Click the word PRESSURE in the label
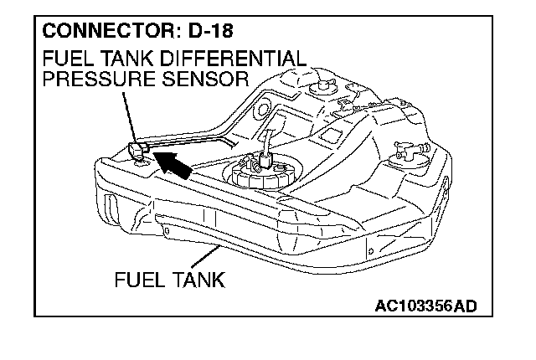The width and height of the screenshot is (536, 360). (x=92, y=80)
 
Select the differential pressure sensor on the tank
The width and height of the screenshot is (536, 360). (x=139, y=151)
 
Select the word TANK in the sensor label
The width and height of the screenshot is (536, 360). (x=136, y=60)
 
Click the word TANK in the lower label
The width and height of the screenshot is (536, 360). (x=198, y=279)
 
